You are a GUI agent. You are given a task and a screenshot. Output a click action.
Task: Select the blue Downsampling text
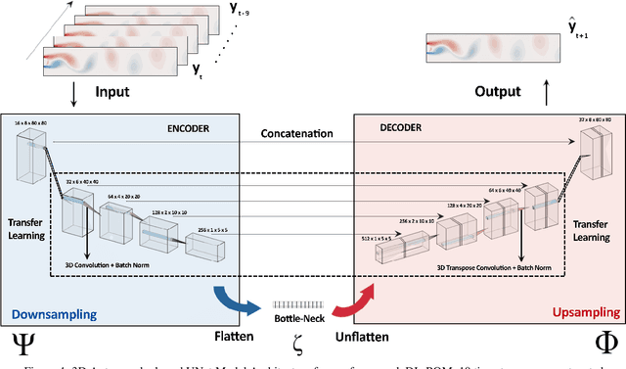[55, 314]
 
